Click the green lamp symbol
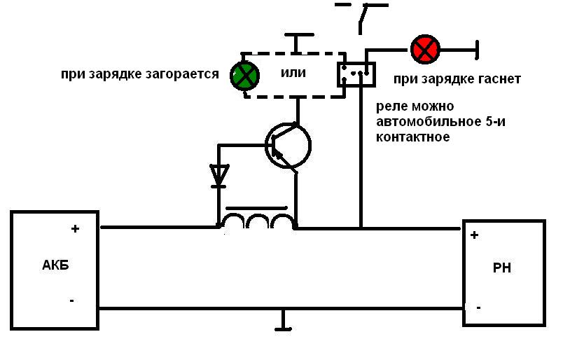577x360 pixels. click(244, 76)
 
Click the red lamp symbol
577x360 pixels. click(424, 49)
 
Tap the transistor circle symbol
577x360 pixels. click(288, 145)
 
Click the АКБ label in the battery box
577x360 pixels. click(55, 266)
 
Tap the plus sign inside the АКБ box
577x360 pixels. click(76, 228)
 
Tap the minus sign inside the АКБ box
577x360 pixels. click(71, 300)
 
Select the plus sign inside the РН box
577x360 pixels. click(474, 235)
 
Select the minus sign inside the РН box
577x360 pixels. click(478, 307)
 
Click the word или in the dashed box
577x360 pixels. click(293, 73)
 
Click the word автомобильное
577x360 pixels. click(416, 122)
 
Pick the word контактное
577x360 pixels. click(412, 137)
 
